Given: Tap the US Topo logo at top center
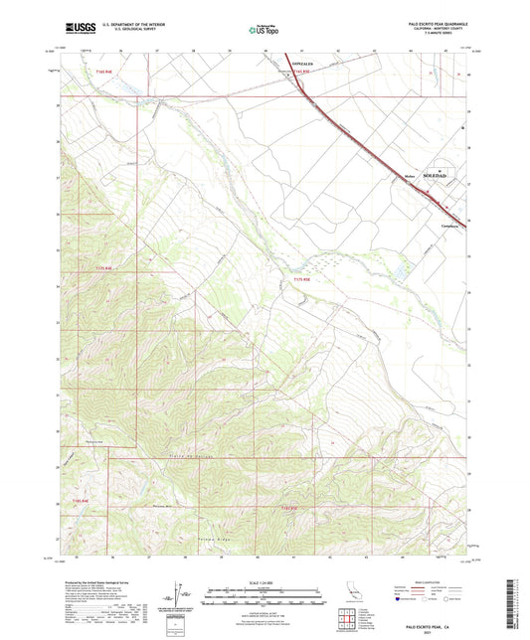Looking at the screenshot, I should [263, 31].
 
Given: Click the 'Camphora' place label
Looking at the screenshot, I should [449, 226].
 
